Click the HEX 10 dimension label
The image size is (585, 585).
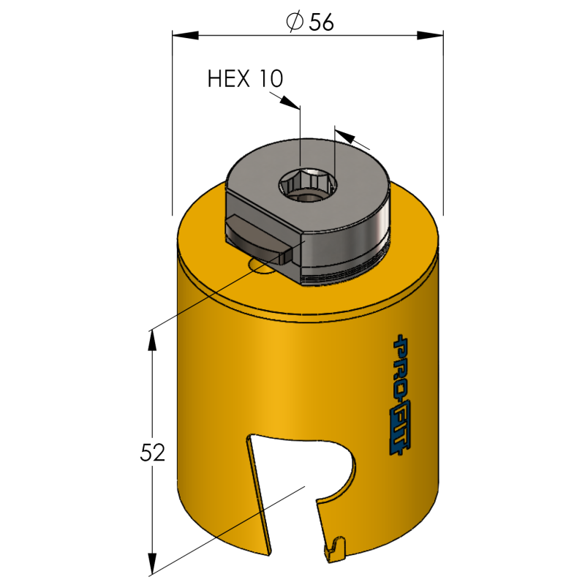pos(245,78)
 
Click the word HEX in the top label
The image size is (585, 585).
pos(228,78)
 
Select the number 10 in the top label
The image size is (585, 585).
pos(271,79)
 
